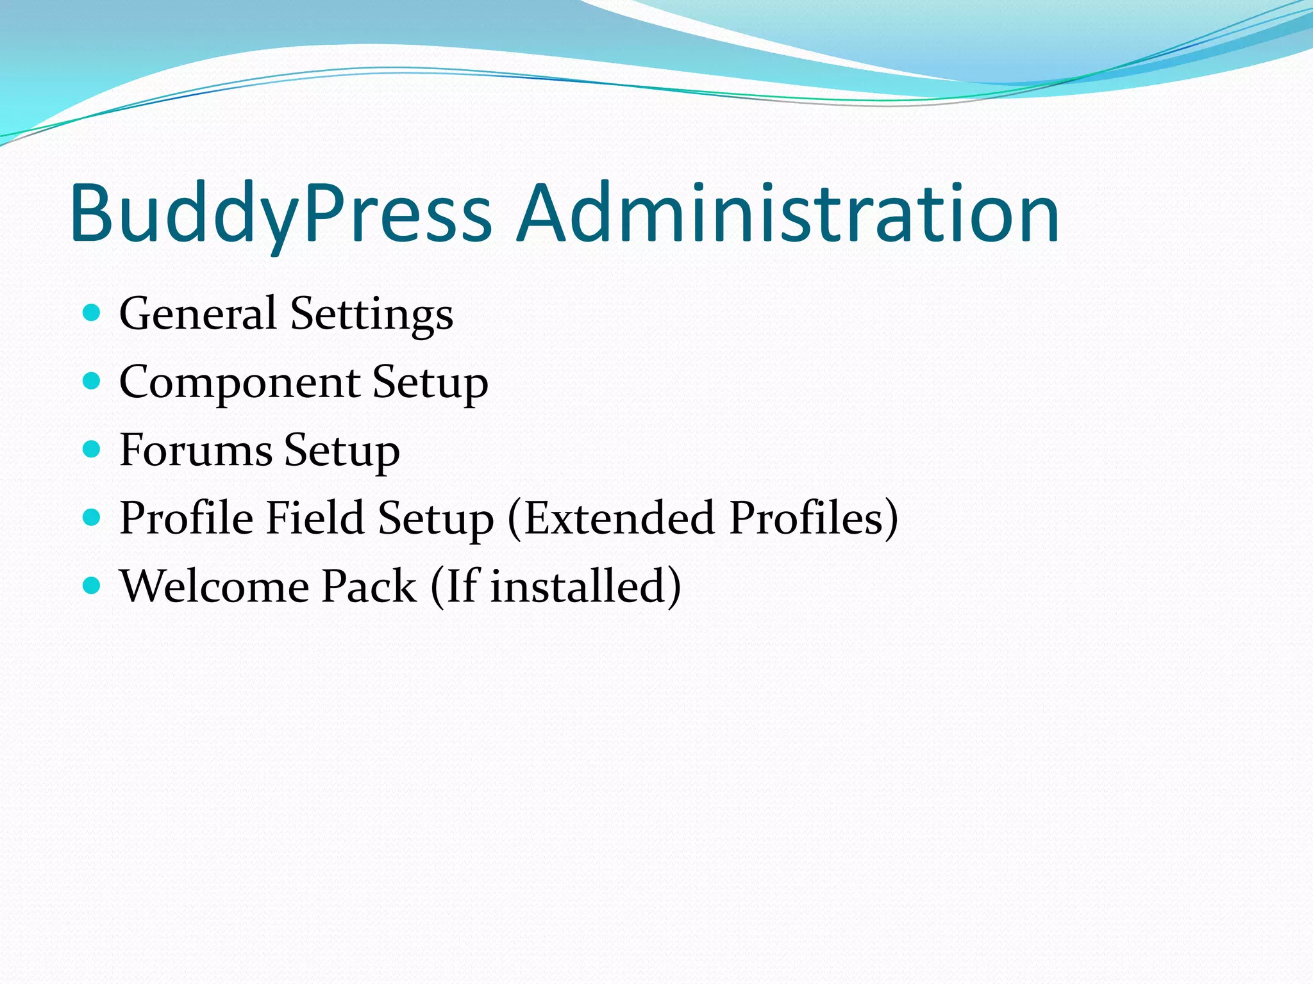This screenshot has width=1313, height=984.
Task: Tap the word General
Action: coord(197,314)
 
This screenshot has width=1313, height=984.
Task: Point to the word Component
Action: coord(239,383)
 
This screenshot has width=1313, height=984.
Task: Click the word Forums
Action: coord(196,450)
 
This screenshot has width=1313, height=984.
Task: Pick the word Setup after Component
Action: coord(430,383)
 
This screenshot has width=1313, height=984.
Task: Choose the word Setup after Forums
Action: coord(342,451)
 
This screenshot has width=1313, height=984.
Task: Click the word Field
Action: coord(315,518)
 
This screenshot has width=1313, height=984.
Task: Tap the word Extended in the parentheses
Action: coord(618,518)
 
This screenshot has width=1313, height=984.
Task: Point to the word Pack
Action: coord(369,586)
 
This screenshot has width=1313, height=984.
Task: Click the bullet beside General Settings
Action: coord(92,313)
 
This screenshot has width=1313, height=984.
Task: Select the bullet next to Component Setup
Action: coord(92,381)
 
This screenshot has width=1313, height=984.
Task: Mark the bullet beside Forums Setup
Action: coord(92,449)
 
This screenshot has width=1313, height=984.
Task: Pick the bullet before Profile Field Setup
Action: coord(92,517)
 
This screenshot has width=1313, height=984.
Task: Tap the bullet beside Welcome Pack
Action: coord(92,585)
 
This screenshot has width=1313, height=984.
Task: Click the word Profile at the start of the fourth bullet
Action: coord(187,518)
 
